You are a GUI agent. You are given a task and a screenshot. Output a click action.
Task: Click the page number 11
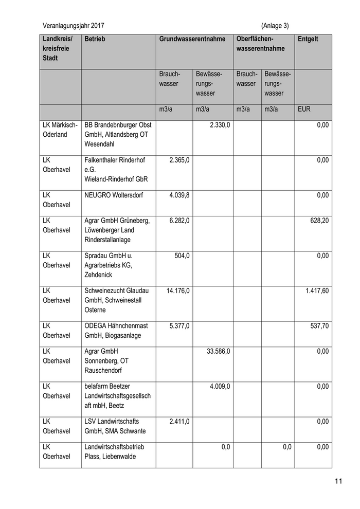click(x=338, y=482)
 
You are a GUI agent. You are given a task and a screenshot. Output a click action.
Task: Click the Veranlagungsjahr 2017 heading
click(x=76, y=25)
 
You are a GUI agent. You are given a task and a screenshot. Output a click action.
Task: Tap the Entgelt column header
click(x=308, y=39)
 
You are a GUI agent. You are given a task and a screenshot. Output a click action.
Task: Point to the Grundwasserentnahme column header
click(x=192, y=39)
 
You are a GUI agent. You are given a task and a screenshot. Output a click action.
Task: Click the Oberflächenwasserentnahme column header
click(x=260, y=44)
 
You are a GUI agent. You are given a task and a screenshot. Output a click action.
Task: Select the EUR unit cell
click(x=304, y=110)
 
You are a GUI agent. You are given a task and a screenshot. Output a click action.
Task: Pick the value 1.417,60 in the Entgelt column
click(x=317, y=290)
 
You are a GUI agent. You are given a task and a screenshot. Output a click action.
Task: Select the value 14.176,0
click(x=178, y=290)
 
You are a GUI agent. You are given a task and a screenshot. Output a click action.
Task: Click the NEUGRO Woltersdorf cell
click(x=114, y=195)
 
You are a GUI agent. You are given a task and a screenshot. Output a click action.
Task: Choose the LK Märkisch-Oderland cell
click(x=60, y=130)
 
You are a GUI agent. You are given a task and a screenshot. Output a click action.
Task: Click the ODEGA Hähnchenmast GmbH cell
click(x=117, y=331)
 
